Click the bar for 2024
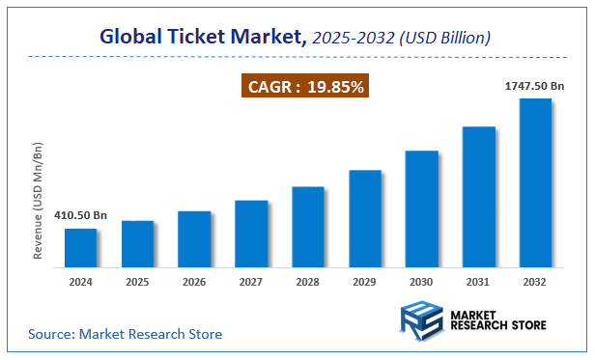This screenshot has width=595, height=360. (x=80, y=248)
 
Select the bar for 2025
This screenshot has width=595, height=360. (x=137, y=244)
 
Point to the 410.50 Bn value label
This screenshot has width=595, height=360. (x=80, y=215)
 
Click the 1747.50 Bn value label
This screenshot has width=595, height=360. (x=534, y=87)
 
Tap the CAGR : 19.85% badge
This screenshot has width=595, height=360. (x=305, y=87)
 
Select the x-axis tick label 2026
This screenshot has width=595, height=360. (x=194, y=283)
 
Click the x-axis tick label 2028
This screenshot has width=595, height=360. (x=308, y=283)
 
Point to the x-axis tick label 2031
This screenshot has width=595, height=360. (x=478, y=283)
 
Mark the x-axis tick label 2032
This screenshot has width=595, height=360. (x=535, y=283)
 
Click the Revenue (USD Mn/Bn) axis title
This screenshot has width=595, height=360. (x=39, y=201)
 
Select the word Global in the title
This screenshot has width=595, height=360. (x=134, y=38)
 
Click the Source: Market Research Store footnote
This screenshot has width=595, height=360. (x=125, y=334)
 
